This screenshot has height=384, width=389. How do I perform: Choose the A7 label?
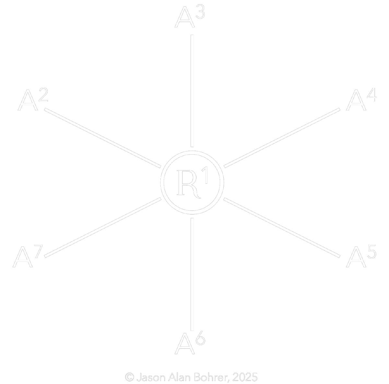[x=28, y=257]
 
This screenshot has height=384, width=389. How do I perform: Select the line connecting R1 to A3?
[x=192, y=91]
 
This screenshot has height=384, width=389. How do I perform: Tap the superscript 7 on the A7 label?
[x=38, y=251]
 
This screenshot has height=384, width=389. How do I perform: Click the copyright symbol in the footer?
[x=129, y=377]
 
